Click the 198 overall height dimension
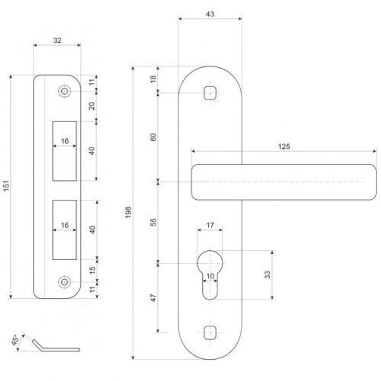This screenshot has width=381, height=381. tap(128, 212)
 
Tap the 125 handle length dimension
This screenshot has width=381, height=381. tap(284, 146)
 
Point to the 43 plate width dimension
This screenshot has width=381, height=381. tap(210, 14)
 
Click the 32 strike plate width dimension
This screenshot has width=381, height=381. tap(57, 40)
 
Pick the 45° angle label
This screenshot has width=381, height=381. tap(15, 340)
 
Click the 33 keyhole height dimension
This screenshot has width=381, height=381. tap(267, 275)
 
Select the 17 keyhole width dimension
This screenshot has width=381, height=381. tap(210, 225)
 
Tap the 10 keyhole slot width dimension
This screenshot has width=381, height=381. tap(210, 276)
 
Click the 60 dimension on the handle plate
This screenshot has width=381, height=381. tap(153, 137)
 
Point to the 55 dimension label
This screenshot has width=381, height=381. tap(153, 222)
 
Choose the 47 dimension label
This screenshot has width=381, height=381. tap(153, 298)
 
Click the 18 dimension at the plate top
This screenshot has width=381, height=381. tap(153, 79)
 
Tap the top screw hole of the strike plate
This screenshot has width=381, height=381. tap(64, 91)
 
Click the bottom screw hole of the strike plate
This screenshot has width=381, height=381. tap(64, 282)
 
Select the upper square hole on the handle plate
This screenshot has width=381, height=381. tap(210, 93)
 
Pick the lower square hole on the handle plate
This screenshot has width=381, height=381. tap(210, 333)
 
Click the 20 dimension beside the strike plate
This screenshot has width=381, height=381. tap(92, 106)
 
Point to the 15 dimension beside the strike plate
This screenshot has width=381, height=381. tap(92, 271)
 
